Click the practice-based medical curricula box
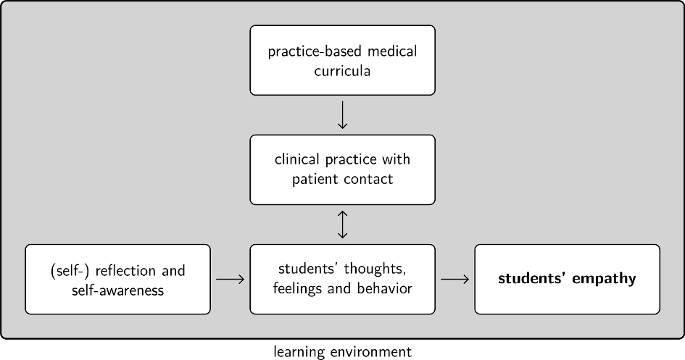tap(342, 60)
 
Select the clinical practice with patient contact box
tap(342, 169)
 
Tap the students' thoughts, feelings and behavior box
tap(342, 279)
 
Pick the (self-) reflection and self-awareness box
tap(117, 279)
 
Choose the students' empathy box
tap(567, 279)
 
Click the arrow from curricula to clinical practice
tap(343, 114)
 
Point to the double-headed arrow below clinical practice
tap(343, 224)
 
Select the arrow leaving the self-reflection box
tap(230, 279)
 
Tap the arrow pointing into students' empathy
tap(454, 279)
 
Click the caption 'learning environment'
tap(342, 352)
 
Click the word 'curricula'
tap(342, 72)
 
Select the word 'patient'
tap(317, 179)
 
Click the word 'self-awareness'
tap(117, 290)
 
